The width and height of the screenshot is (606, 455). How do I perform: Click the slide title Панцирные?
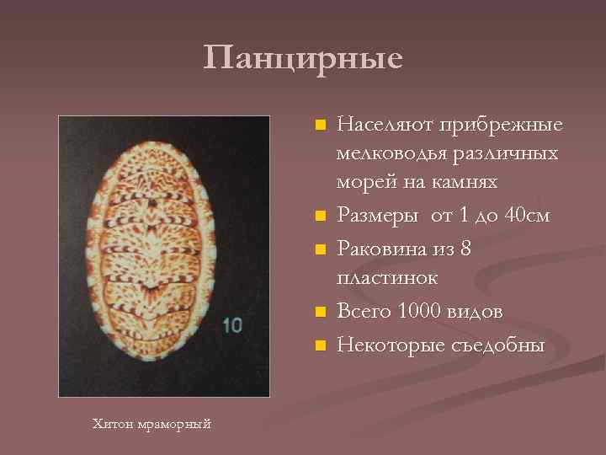[x=303, y=58]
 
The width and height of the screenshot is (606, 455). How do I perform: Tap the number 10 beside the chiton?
[x=232, y=324]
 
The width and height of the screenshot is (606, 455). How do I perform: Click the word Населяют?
[x=380, y=125]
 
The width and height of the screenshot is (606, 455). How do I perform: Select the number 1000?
[x=420, y=311]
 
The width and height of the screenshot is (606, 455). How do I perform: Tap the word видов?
[x=477, y=311]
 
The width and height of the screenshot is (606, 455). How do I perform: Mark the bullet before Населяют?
[x=318, y=126]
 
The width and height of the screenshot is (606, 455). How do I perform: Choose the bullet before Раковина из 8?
[x=318, y=249]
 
